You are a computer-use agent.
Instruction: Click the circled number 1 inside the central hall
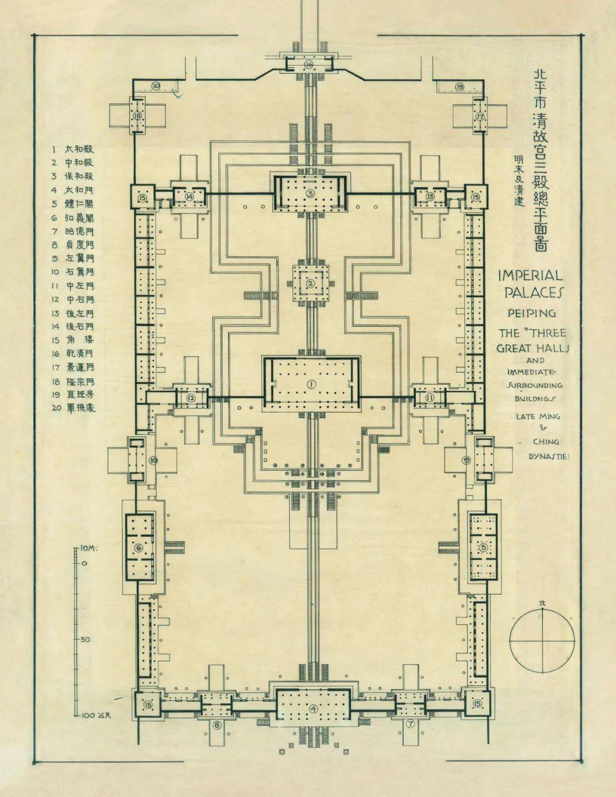[x=311, y=384]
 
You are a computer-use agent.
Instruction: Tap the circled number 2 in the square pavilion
[x=311, y=284]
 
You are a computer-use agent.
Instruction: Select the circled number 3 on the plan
[x=310, y=193]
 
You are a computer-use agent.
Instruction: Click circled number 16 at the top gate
[x=309, y=64]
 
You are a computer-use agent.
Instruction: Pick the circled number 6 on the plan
[x=139, y=548]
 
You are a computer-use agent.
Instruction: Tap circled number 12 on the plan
[x=191, y=398]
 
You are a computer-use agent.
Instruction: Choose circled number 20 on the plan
[x=156, y=86]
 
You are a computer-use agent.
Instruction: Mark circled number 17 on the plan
[x=480, y=117]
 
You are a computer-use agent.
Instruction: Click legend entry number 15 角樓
[x=72, y=340]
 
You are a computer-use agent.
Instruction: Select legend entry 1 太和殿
[x=72, y=149]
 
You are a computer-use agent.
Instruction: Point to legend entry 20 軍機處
[x=72, y=408]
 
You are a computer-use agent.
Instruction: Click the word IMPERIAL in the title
[x=530, y=275]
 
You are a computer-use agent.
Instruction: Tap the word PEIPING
[x=532, y=313]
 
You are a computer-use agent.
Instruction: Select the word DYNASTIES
[x=549, y=456]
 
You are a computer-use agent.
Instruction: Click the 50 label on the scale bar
[x=86, y=639]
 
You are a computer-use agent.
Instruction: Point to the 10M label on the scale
[x=88, y=548]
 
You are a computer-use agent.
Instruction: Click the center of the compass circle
[x=542, y=641]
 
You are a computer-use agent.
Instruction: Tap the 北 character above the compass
[x=541, y=603]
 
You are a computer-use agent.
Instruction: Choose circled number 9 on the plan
[x=466, y=460]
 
